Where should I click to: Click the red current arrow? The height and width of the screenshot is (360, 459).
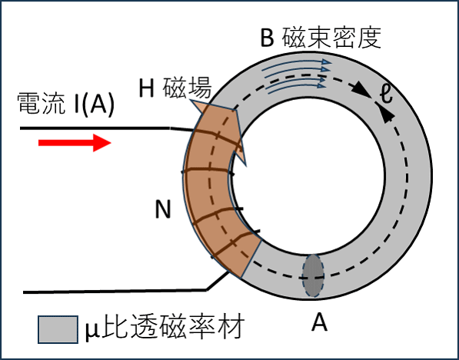coord(75,142)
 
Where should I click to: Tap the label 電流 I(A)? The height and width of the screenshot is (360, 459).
coord(65,104)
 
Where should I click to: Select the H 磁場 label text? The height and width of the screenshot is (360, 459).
coord(175,87)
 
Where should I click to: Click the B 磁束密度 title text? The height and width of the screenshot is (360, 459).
coord(321,38)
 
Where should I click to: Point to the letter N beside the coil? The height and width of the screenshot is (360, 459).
coord(163,210)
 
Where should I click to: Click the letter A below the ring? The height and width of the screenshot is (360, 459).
coord(319,323)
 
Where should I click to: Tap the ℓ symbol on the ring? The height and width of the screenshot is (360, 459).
coord(387,94)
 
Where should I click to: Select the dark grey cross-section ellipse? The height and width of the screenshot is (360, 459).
coord(313,275)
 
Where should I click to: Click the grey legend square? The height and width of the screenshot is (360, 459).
coord(58,329)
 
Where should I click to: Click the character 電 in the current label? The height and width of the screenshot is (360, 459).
coord(29,104)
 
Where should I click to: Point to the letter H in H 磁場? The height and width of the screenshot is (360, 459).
coord(146,88)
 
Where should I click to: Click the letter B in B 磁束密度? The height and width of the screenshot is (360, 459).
coord(267,38)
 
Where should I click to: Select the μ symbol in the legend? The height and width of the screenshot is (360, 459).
coord(91,331)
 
